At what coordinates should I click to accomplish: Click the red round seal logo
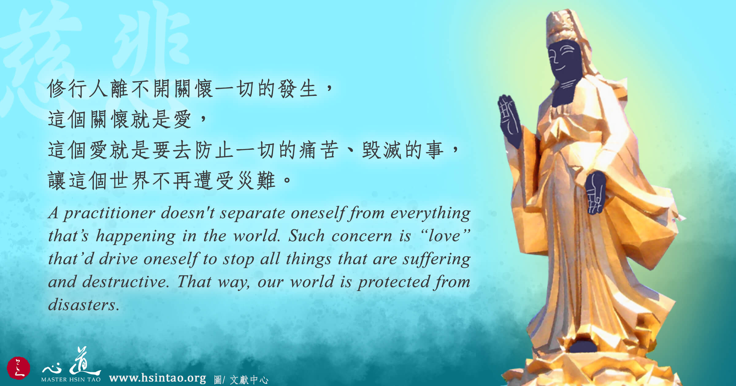tap(18, 368)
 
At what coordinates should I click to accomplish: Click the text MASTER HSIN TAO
tap(71, 379)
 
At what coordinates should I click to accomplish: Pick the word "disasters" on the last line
tap(83, 305)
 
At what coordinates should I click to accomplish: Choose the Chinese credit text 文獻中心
tap(249, 380)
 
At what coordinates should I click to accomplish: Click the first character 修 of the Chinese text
tap(57, 89)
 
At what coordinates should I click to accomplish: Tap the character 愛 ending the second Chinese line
tap(182, 119)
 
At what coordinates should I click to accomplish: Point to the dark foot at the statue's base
tap(583, 346)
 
